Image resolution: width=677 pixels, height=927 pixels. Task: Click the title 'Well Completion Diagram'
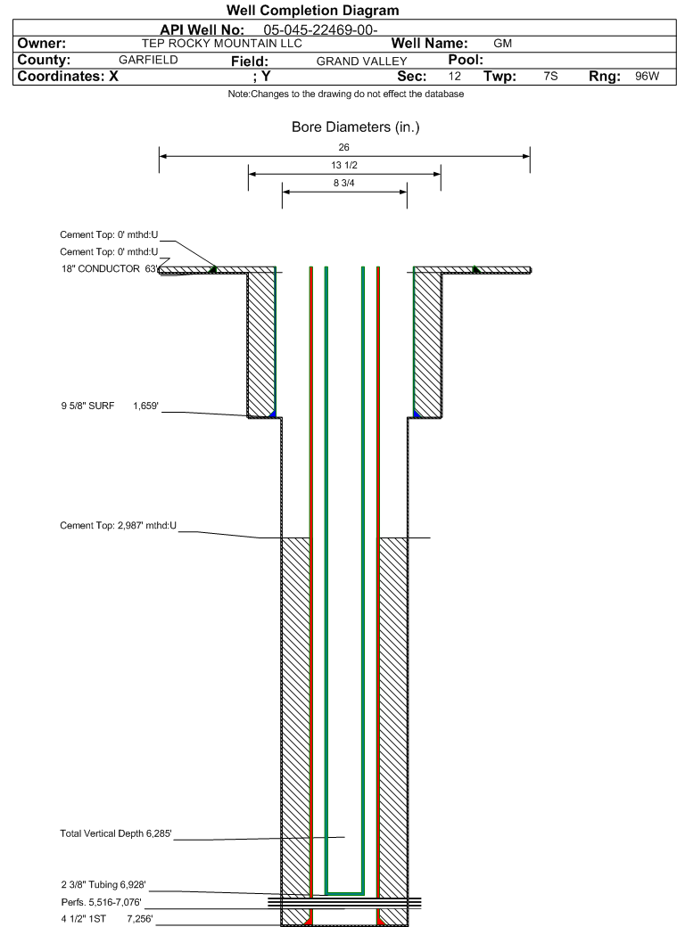click(312, 10)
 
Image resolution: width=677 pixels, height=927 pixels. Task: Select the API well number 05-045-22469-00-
click(321, 29)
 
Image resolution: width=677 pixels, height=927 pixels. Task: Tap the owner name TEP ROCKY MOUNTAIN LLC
click(222, 43)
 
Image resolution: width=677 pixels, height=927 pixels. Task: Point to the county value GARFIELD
click(148, 60)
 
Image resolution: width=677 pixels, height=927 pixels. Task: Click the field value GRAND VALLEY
click(361, 62)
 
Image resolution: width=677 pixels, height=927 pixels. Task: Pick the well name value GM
click(502, 43)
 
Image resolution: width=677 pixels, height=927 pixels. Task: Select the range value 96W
click(647, 77)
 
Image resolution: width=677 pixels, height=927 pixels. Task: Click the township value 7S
click(550, 77)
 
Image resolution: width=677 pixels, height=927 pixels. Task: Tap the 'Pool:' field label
click(466, 60)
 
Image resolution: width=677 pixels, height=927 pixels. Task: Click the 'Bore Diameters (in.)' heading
click(356, 127)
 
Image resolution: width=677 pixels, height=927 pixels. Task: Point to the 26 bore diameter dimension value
click(343, 147)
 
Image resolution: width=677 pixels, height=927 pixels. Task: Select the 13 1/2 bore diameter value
click(343, 165)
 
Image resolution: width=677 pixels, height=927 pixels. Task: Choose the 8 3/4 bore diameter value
click(343, 184)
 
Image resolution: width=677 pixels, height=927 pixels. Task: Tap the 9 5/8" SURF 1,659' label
click(110, 406)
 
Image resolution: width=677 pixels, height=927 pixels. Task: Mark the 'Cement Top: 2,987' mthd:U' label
click(118, 526)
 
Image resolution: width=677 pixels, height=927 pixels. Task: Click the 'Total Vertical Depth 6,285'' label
click(115, 833)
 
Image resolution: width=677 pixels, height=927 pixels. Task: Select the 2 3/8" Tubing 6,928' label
click(103, 885)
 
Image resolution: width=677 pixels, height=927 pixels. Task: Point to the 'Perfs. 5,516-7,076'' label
click(101, 902)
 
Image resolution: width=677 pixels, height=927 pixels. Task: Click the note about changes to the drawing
click(345, 94)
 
